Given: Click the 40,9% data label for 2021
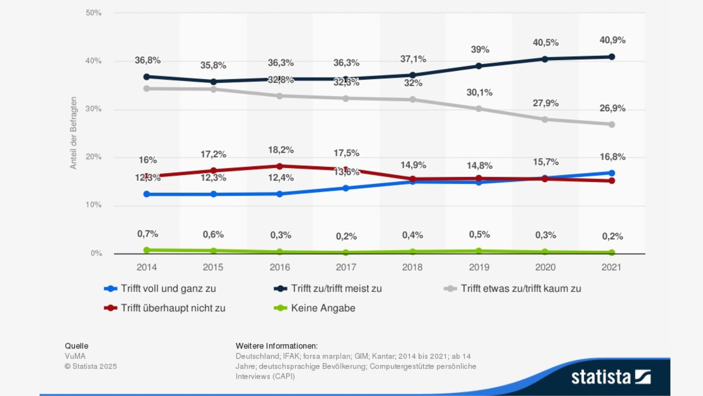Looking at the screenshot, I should pos(612,40).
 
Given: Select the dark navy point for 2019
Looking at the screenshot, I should pos(479,66).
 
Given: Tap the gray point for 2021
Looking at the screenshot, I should pos(612,124).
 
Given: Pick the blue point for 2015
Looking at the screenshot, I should pos(213,194).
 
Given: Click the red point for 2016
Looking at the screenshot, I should pos(280,166).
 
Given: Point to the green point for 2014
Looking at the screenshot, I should pos(147,250).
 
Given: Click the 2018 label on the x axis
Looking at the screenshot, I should pos(412,267).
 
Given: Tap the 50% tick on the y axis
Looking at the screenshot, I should pos(94,13).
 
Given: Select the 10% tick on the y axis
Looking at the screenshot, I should pos(94,205).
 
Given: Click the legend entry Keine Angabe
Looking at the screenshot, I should pos(323,308).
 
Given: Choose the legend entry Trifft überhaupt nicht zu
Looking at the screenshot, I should pos(173,308).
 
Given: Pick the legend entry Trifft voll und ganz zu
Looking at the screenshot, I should pos(168,289).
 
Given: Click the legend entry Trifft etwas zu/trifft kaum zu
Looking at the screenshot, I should pos(521,289).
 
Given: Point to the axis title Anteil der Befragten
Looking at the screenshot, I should pos(73,133).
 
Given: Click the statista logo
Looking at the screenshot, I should pos(611,377).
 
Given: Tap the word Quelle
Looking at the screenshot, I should pos(77,346).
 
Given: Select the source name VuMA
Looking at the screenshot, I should pos(75,356).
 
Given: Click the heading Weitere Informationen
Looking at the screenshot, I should pos(276,346).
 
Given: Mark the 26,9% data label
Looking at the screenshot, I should pos(612,108).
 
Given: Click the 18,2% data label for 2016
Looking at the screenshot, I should pos(281,150).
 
